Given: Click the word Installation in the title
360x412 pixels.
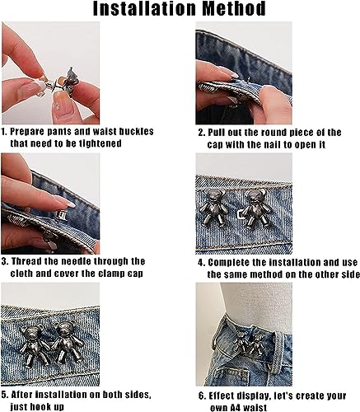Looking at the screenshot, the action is click(145, 8).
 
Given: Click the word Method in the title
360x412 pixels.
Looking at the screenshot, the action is click(234, 8).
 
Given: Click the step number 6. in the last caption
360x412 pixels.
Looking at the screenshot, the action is click(202, 396).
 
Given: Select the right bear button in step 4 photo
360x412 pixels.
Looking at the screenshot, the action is click(256, 208).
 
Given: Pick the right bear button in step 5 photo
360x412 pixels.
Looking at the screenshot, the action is click(67, 342).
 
